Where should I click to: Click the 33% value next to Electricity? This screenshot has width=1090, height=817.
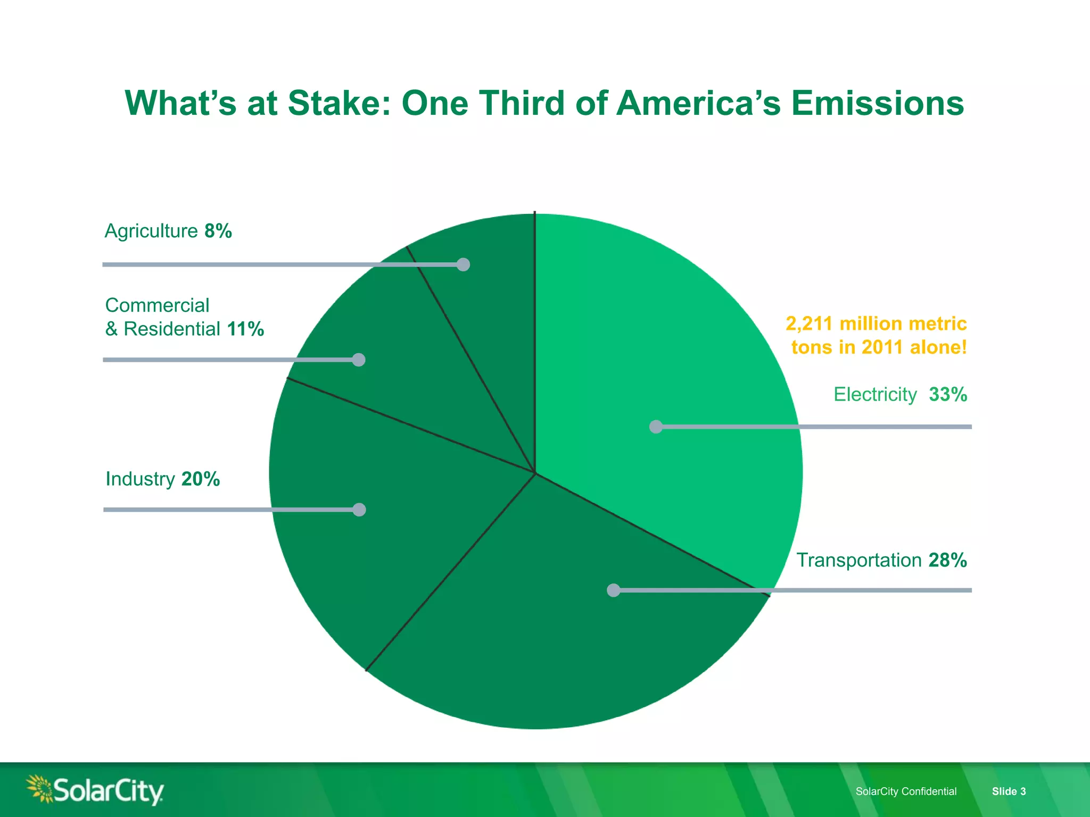tap(948, 395)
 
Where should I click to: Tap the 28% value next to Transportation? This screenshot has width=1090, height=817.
tap(947, 560)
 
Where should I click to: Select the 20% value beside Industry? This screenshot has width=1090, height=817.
tap(200, 479)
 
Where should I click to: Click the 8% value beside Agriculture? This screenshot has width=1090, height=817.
tap(218, 231)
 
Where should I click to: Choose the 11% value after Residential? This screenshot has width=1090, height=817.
tap(245, 329)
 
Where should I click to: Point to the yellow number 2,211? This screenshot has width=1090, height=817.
tap(808, 323)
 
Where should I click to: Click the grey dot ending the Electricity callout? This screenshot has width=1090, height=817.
tap(656, 427)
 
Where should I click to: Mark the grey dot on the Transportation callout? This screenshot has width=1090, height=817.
tap(614, 590)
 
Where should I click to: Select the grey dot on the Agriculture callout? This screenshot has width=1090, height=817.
tap(463, 264)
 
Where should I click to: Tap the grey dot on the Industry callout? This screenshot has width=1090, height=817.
tap(359, 510)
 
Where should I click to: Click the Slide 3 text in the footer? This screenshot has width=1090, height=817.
tap(1009, 791)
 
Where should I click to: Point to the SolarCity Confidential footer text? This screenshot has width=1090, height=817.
tap(906, 791)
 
